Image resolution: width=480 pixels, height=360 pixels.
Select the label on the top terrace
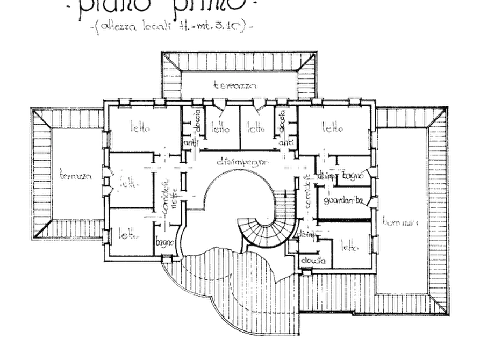[x=232, y=85]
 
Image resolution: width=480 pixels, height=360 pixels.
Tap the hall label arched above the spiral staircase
[x=240, y=161]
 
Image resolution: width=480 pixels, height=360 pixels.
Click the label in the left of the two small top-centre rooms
[x=219, y=128]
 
